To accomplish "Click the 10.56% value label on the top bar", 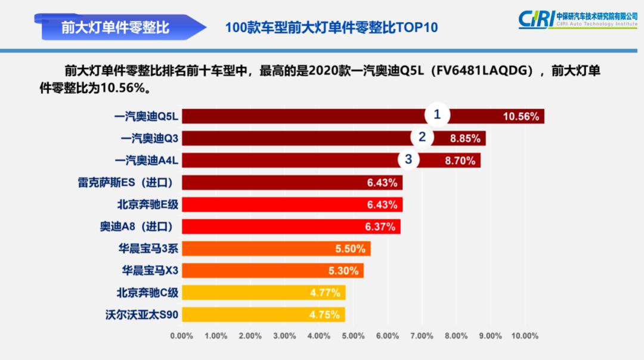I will [x=521, y=116].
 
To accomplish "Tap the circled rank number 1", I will [x=437, y=114].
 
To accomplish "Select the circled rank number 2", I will [x=422, y=137].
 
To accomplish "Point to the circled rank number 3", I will [x=408, y=159].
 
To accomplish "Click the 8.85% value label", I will [x=465, y=138].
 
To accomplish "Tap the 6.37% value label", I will [x=380, y=226].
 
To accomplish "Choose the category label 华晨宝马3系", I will [x=148, y=249].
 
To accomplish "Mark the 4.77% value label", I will [x=325, y=293].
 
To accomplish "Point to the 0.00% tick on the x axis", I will [x=182, y=336].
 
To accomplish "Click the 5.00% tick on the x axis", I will [x=353, y=336].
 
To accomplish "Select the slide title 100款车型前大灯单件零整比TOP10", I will [x=331, y=28].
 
